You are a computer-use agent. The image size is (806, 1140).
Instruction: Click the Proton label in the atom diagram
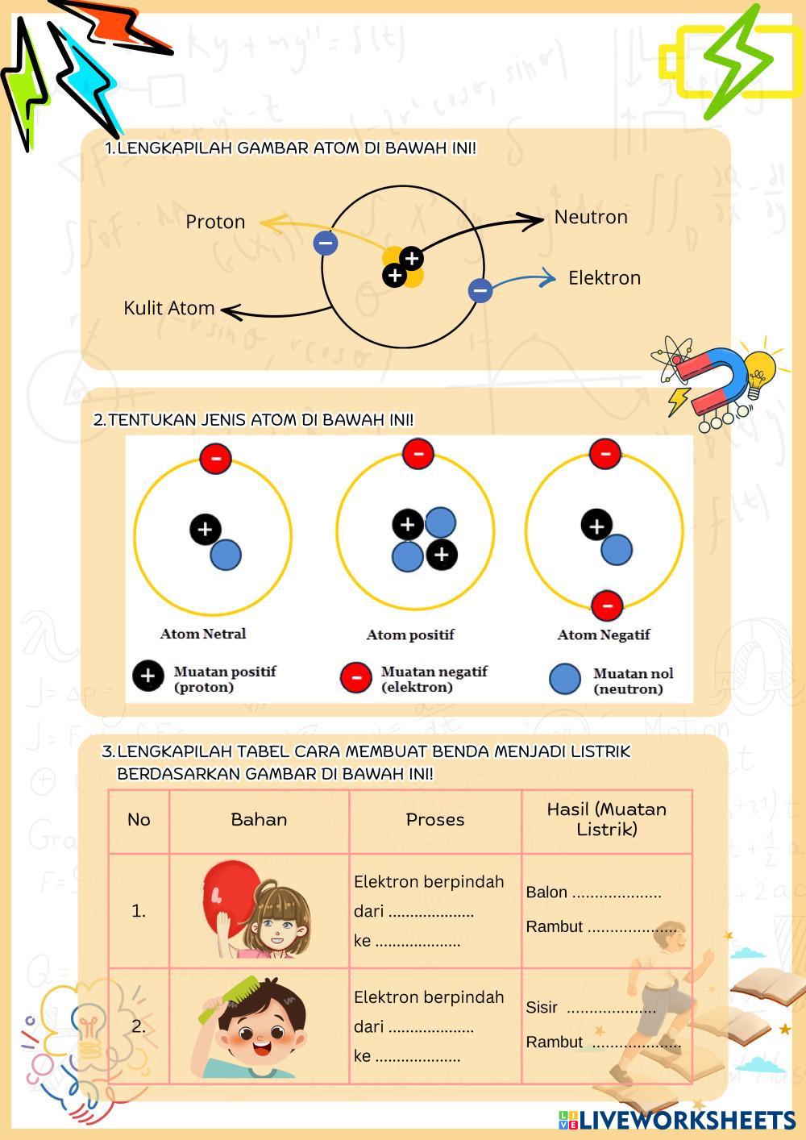coord(215,222)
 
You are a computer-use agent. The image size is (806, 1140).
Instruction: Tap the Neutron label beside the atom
coord(591,217)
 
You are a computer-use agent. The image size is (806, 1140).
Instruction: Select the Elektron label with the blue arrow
coord(604,278)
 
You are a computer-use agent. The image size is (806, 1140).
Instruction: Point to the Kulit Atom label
coord(169,308)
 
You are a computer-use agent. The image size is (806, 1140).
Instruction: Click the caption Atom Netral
coord(203,634)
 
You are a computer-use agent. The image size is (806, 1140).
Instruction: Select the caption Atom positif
coord(410,635)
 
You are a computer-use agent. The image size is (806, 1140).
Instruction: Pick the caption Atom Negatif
coord(604,635)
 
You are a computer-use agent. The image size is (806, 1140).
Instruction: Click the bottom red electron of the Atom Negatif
coord(607,605)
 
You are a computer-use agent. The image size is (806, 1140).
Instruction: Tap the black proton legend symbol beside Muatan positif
coord(148,676)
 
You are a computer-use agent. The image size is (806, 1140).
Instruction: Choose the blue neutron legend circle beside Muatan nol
coord(565,679)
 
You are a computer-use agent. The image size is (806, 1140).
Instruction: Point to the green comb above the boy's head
coord(230,996)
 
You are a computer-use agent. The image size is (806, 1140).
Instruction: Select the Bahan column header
coord(259,820)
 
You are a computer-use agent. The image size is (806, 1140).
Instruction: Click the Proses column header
coord(435,820)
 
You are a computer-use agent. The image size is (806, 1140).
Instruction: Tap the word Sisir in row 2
coord(542,1008)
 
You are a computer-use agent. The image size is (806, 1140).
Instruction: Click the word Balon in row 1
coord(546,892)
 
